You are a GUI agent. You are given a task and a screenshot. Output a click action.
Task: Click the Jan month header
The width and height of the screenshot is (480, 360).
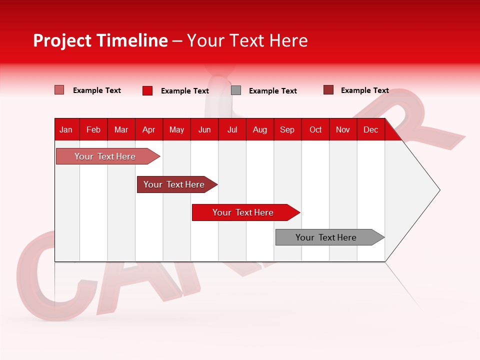(x=66, y=129)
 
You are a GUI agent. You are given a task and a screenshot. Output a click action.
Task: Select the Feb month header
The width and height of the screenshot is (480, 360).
(x=93, y=129)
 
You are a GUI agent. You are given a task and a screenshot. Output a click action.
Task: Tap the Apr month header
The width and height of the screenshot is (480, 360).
(x=148, y=129)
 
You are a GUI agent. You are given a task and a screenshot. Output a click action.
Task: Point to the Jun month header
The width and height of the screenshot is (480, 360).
(x=204, y=129)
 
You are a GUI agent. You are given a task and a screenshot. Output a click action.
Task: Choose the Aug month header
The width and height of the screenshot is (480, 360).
(x=259, y=129)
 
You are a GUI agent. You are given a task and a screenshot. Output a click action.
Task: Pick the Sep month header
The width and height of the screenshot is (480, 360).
(x=287, y=129)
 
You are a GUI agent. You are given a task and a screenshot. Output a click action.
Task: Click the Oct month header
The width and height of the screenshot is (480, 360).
(x=315, y=129)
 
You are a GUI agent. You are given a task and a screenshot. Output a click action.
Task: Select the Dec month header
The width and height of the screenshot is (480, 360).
(x=370, y=129)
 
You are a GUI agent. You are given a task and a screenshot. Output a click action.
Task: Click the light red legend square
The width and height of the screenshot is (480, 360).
(x=59, y=90)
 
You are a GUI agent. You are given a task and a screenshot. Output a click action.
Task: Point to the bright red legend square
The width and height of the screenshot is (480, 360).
(x=147, y=90)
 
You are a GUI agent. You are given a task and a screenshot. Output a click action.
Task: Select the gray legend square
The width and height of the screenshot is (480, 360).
(x=236, y=90)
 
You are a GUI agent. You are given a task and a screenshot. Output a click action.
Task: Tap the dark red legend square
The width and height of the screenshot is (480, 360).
(x=328, y=90)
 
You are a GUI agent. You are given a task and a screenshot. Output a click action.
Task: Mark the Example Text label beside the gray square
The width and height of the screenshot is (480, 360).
(x=272, y=91)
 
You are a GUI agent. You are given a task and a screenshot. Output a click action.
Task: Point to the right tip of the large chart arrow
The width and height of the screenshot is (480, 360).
(x=439, y=190)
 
